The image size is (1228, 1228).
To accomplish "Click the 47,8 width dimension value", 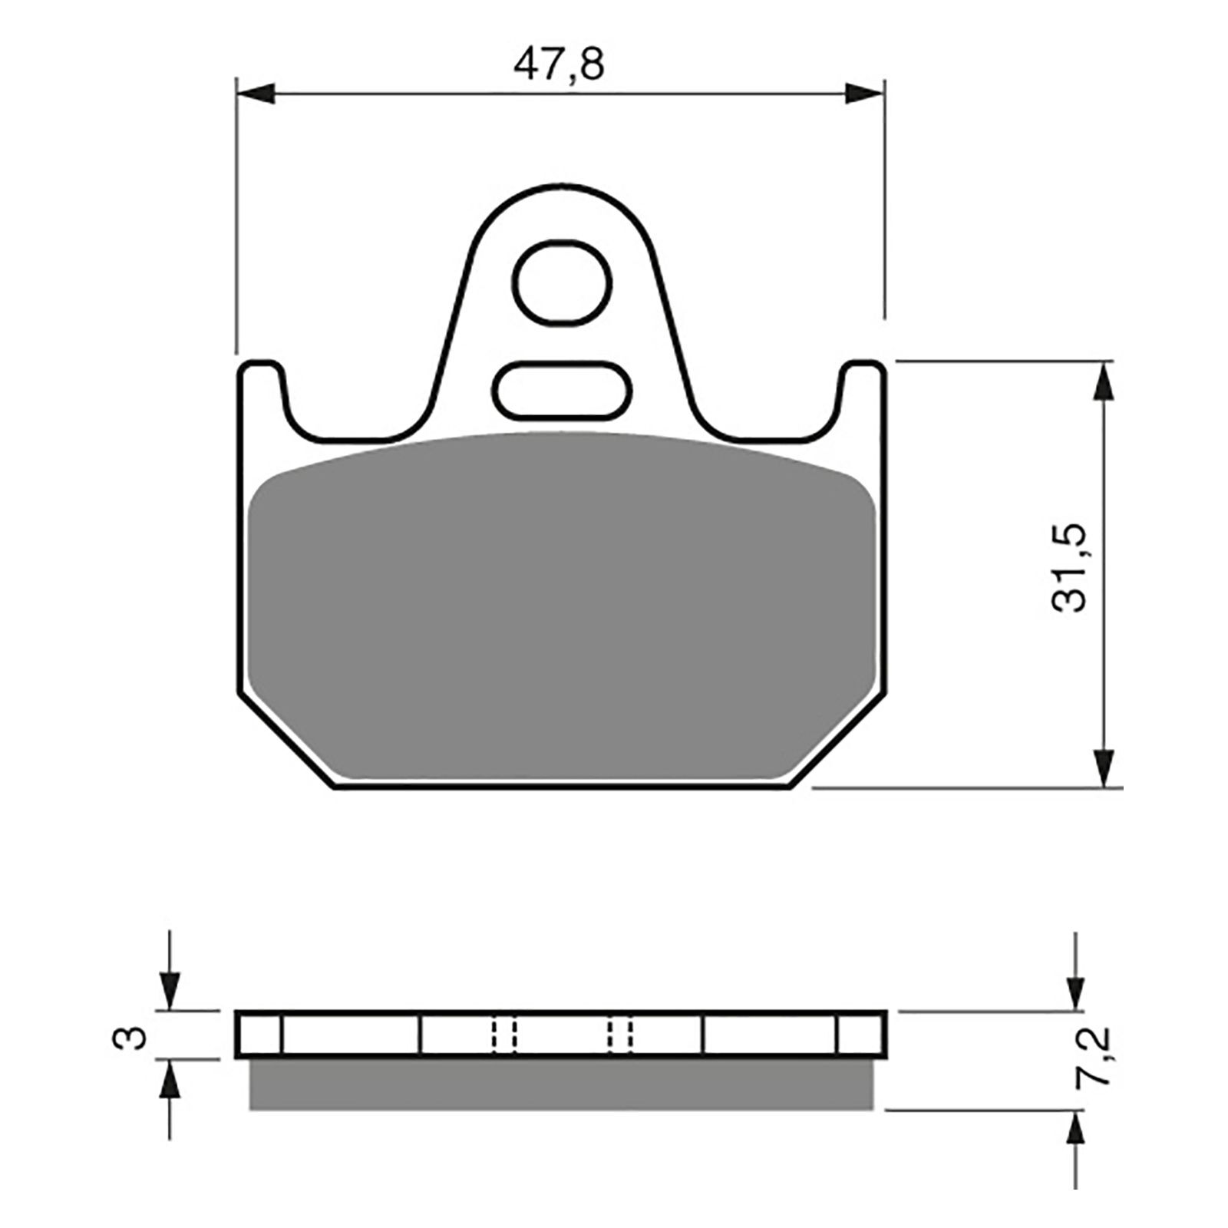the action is pyautogui.click(x=559, y=64).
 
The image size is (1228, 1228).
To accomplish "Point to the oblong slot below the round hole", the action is pyautogui.click(x=564, y=390).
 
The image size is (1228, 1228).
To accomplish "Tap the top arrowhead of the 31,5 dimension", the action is pyautogui.click(x=1104, y=381).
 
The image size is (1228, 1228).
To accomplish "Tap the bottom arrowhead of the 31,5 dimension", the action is pyautogui.click(x=1104, y=767).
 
